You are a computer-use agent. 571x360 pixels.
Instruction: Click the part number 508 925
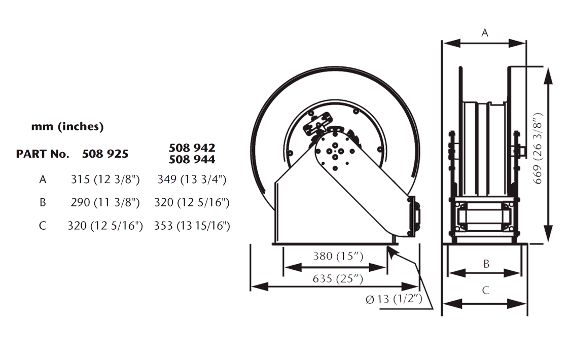pyautogui.click(x=105, y=154)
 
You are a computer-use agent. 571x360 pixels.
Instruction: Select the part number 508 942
pyautogui.click(x=192, y=148)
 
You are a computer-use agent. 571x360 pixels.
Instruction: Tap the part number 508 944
pyautogui.click(x=192, y=159)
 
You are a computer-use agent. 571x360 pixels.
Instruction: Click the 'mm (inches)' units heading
pyautogui.click(x=67, y=127)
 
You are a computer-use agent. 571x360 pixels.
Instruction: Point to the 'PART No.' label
pyautogui.click(x=43, y=154)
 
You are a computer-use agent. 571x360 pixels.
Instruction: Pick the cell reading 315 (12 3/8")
pyautogui.click(x=105, y=179)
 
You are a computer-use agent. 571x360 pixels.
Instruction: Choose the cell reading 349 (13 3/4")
pyautogui.click(x=192, y=179)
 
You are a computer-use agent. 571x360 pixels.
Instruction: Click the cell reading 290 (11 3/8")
pyautogui.click(x=105, y=202)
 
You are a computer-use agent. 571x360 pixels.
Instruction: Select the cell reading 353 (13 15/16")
pyautogui.click(x=192, y=226)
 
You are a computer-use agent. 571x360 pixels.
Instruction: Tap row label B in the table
pyautogui.click(x=43, y=202)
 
